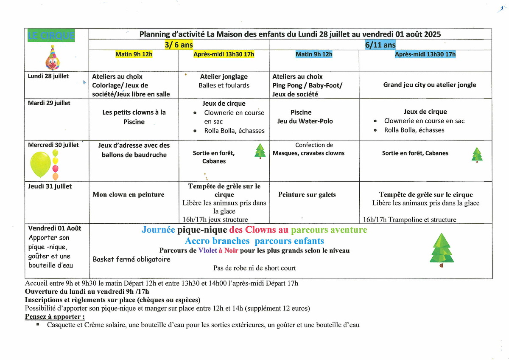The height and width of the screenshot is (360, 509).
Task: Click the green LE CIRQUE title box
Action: click(50, 36)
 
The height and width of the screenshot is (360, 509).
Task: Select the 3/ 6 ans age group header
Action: click(179, 45)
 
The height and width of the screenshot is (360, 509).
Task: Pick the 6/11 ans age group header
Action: click(380, 45)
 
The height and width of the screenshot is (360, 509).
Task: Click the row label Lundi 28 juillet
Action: click(48, 76)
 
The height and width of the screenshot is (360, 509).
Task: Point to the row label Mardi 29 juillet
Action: click(49, 103)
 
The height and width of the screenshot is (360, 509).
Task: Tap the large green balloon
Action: click(40, 165)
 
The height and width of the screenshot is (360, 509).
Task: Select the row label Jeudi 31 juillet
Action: click(50, 186)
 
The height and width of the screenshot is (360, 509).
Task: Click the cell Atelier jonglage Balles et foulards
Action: click(224, 81)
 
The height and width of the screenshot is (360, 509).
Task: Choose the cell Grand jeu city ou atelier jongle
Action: click(430, 85)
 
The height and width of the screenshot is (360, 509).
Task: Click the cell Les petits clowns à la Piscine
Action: click(134, 117)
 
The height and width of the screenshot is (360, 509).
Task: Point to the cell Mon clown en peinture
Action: click(129, 194)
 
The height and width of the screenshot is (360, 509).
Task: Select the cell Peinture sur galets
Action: click(307, 194)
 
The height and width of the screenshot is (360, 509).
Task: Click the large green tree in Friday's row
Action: click(442, 250)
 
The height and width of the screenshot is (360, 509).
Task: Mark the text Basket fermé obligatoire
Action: click(131, 259)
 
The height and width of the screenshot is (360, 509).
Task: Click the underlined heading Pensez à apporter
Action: click(55, 317)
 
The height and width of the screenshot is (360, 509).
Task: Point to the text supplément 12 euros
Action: click(280, 308)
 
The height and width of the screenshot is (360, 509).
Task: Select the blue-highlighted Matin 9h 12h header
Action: click(314, 54)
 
